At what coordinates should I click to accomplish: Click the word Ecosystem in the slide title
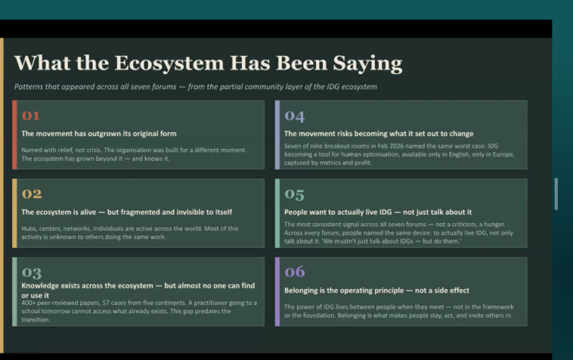tap(170, 63)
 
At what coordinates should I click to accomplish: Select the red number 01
tap(31, 115)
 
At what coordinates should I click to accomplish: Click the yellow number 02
tap(32, 194)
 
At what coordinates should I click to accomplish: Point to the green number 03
tap(32, 272)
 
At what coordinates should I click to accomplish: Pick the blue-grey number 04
tap(294, 116)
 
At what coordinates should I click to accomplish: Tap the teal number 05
tap(294, 194)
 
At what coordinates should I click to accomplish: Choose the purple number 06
tap(294, 272)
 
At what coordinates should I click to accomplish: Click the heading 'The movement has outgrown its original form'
tap(99, 134)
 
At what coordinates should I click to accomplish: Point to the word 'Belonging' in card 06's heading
tap(300, 291)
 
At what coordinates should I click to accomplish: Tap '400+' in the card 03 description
tap(28, 303)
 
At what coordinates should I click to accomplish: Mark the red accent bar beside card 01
tap(14, 135)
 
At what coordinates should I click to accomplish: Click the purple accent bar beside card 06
tap(278, 292)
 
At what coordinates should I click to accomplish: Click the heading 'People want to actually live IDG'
tap(338, 212)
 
